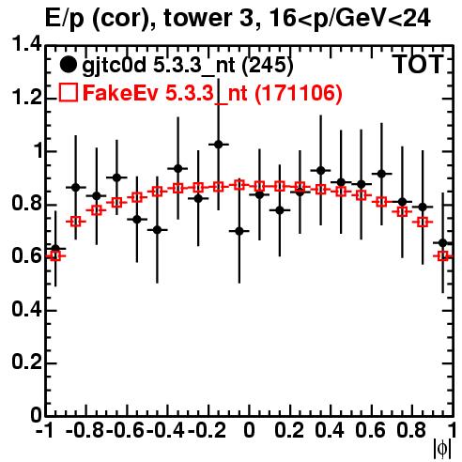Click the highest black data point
pyautogui.click(x=219, y=145)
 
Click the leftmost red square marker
pyautogui.click(x=55, y=256)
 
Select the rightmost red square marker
pyautogui.click(x=443, y=256)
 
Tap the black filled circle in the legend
pyautogui.click(x=68, y=65)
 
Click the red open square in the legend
pyautogui.click(x=68, y=93)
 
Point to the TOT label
pyautogui.click(x=418, y=64)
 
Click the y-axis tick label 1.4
pyautogui.click(x=26, y=45)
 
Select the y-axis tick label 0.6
pyautogui.click(x=26, y=256)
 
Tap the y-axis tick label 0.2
pyautogui.click(x=26, y=362)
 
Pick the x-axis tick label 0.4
pyautogui.click(x=330, y=430)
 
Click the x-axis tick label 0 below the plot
pyautogui.click(x=249, y=430)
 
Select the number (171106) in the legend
pyautogui.click(x=299, y=93)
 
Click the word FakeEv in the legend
pyautogui.click(x=120, y=93)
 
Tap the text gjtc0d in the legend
pyautogui.click(x=114, y=66)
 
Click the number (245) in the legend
pyautogui.click(x=268, y=65)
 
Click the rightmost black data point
pyautogui.click(x=443, y=243)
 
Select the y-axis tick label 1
pyautogui.click(x=38, y=151)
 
